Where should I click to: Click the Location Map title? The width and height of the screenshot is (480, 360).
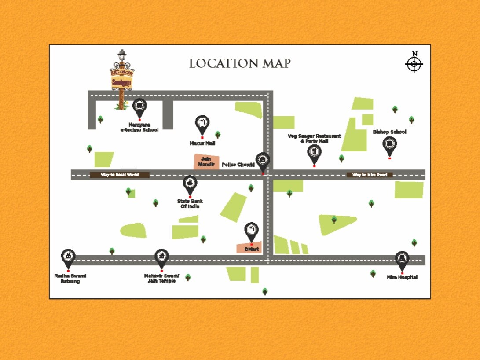[240, 63]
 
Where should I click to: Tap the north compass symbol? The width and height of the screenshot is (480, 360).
[414, 63]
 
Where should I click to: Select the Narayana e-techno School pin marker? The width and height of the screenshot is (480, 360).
[139, 106]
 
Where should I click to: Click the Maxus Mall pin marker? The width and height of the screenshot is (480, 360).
[202, 124]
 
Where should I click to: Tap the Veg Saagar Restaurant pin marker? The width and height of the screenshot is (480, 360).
[314, 153]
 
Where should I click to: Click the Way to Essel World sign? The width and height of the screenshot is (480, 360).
[120, 175]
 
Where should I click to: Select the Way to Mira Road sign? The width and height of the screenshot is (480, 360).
[370, 175]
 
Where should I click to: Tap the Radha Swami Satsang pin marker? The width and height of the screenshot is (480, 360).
[68, 257]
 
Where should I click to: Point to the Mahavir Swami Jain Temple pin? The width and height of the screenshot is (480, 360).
[161, 257]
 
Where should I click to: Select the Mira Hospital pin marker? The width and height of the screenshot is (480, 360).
[402, 260]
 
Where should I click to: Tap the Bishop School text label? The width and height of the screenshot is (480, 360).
[389, 132]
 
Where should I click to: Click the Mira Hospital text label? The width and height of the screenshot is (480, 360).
[402, 277]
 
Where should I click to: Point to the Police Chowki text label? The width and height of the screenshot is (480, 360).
[238, 165]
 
